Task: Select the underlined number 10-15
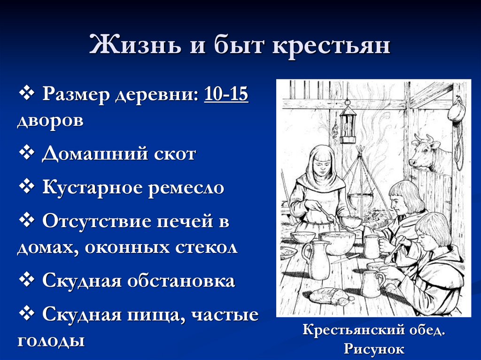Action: [x=226, y=95]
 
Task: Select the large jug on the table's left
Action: [x=317, y=258]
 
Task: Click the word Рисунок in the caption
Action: [x=373, y=348]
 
